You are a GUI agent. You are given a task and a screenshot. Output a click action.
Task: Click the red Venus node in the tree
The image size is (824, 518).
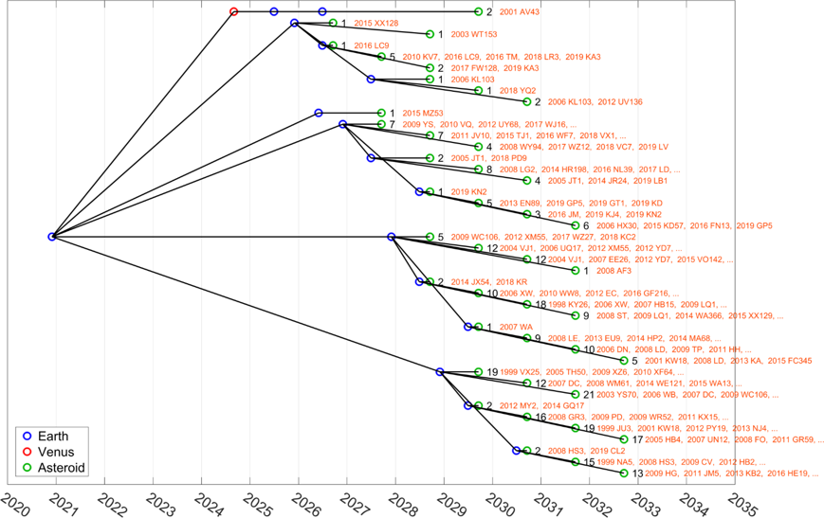(x=234, y=11)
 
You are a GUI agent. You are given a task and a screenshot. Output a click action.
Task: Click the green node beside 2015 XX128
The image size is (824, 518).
(x=332, y=23)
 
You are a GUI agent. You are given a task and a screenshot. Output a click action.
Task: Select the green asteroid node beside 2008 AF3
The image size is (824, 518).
(x=576, y=271)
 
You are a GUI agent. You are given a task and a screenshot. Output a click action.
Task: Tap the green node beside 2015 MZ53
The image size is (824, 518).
(x=381, y=113)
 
